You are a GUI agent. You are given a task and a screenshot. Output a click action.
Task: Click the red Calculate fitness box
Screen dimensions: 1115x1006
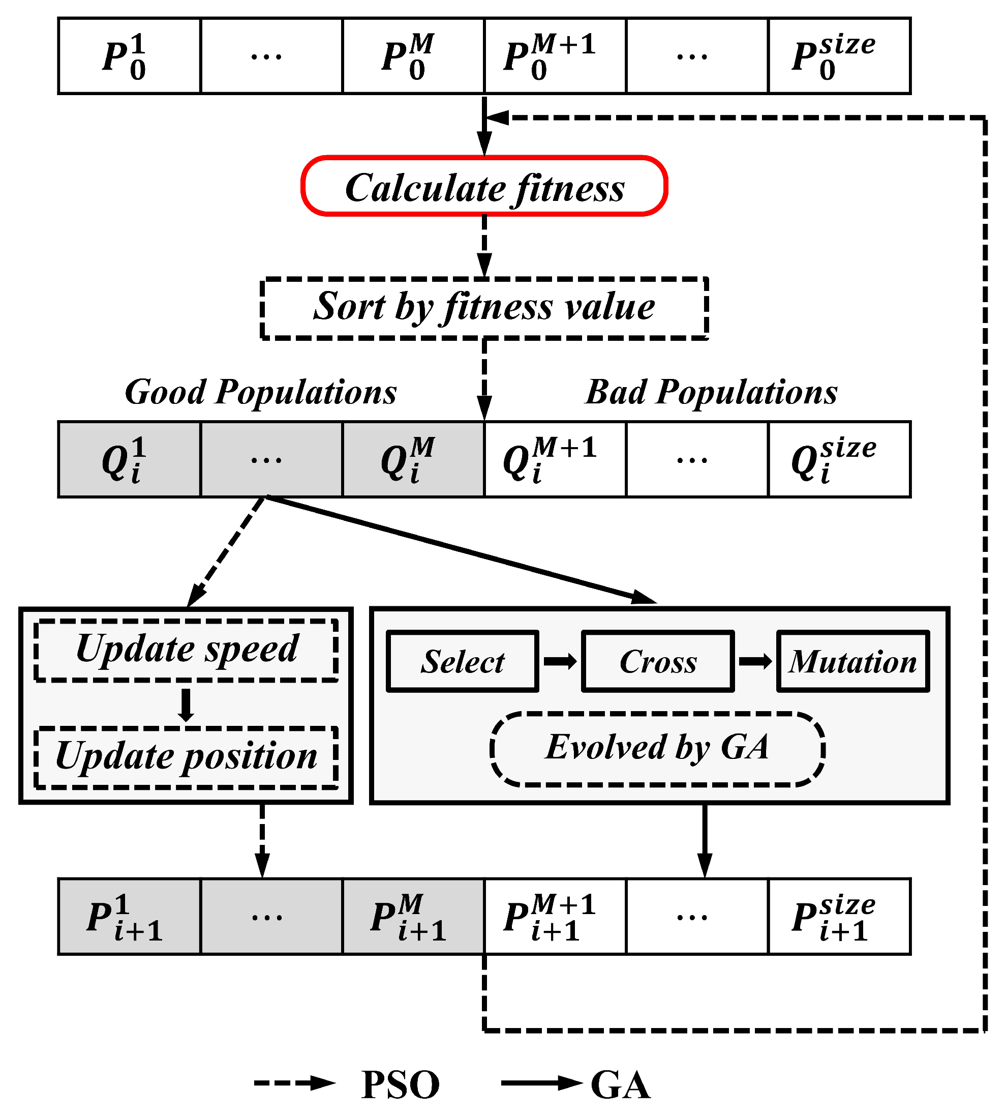484,186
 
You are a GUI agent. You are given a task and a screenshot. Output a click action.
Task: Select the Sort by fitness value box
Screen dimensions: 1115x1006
484,308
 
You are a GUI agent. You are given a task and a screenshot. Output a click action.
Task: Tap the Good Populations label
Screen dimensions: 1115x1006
260,392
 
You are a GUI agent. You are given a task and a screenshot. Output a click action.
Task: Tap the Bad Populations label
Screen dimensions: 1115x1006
711,392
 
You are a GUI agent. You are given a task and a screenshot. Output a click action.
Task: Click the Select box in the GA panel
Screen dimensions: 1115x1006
462,661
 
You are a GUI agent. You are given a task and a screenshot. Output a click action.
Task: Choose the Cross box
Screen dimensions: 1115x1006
658,661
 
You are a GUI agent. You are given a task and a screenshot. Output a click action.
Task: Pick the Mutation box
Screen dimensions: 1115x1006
853,661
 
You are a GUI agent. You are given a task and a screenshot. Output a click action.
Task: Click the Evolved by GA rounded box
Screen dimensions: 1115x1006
657,748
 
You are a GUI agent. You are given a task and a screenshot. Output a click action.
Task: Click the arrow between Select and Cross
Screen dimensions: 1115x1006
560,661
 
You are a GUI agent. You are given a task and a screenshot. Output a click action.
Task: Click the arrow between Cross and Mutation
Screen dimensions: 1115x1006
755,661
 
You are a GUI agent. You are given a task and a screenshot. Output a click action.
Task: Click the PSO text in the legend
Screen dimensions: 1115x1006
400,1085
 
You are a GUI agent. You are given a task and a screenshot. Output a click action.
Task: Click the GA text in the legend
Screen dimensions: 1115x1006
620,1085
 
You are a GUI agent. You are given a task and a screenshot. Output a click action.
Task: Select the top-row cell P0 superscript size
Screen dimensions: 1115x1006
839,56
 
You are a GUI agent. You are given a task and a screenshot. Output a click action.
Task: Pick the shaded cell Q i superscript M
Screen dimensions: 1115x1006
413,459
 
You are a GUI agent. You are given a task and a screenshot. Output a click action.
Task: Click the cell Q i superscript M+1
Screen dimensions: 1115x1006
555,459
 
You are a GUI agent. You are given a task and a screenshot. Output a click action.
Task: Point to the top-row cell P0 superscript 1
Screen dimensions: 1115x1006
129,56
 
